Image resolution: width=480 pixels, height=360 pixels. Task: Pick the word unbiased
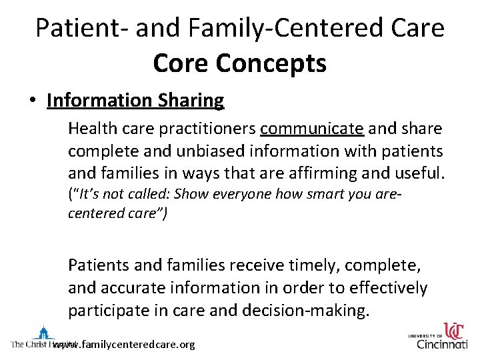(217, 151)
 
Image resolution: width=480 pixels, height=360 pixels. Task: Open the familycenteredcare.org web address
(123, 345)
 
